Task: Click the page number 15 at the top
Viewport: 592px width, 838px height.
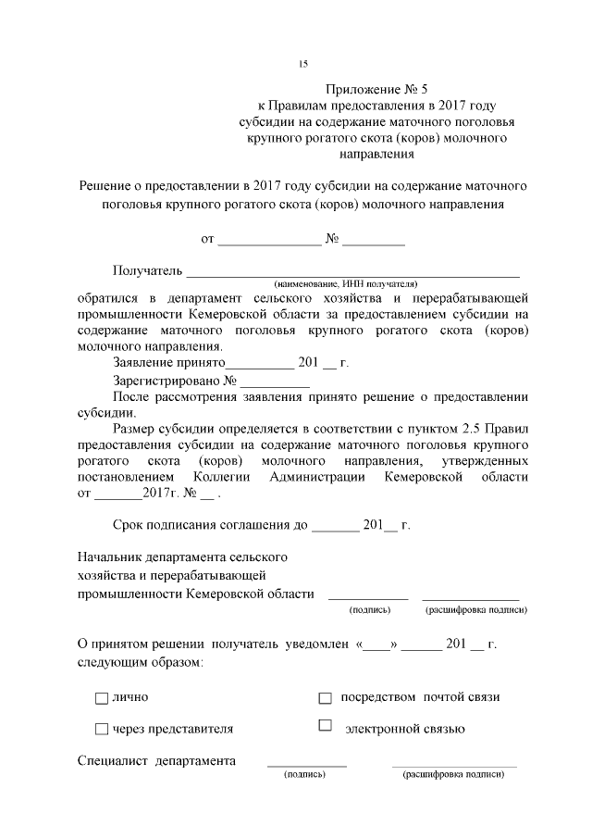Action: point(302,64)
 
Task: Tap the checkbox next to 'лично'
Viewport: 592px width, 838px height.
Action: point(102,697)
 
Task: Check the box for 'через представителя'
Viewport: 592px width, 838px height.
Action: point(102,730)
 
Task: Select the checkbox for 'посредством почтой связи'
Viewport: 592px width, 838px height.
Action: point(325,697)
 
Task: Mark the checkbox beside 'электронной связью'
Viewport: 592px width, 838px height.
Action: point(325,726)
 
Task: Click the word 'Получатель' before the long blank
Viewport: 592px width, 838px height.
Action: point(148,270)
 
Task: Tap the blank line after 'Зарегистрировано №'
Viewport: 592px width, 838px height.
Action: point(276,381)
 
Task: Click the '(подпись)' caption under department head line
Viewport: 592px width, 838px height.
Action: point(369,610)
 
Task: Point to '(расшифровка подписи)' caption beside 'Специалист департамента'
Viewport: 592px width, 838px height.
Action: point(453,774)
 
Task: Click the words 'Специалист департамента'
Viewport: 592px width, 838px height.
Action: point(155,761)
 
